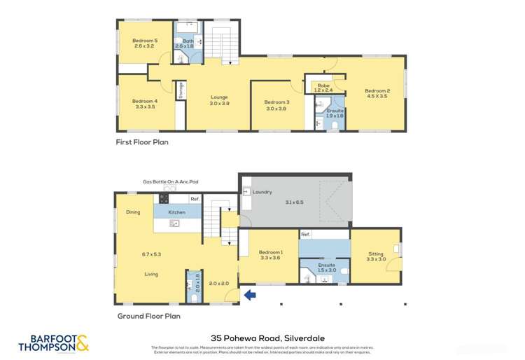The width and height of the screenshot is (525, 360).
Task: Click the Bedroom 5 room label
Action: pyautogui.click(x=145, y=41)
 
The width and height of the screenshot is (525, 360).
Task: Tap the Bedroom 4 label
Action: pyautogui.click(x=145, y=102)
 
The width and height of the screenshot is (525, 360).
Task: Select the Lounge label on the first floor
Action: pyautogui.click(x=219, y=97)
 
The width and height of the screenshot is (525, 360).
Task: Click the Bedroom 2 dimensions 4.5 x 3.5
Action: pyautogui.click(x=377, y=97)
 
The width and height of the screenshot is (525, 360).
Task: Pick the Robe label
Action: pyautogui.click(x=323, y=85)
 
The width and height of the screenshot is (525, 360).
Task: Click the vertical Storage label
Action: pyautogui.click(x=181, y=90)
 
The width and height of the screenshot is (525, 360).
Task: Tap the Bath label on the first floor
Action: pyautogui.click(x=188, y=41)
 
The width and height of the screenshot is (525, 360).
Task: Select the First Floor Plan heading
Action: pyautogui.click(x=142, y=141)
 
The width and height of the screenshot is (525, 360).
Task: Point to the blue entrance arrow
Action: pyautogui.click(x=249, y=296)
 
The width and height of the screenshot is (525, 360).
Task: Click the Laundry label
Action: pyautogui.click(x=262, y=192)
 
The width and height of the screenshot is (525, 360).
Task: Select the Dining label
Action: pyautogui.click(x=133, y=212)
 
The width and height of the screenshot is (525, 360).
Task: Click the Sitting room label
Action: pyautogui.click(x=376, y=254)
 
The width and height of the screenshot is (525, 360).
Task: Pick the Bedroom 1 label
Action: pyautogui.click(x=270, y=252)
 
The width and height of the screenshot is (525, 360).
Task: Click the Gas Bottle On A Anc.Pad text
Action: pyautogui.click(x=171, y=182)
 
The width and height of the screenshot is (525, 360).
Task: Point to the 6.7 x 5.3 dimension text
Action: pyautogui.click(x=150, y=254)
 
